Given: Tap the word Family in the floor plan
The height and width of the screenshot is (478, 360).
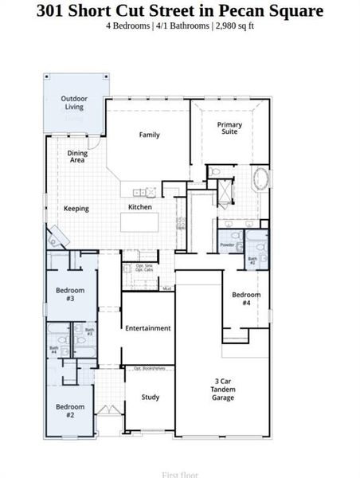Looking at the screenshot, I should click(150, 135).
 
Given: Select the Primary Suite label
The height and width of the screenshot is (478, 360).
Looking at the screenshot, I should click(230, 128).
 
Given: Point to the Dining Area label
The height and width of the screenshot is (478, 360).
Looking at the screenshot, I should click(77, 156).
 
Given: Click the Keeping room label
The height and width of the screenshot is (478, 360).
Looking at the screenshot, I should click(76, 209).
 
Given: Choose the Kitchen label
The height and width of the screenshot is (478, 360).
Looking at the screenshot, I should click(140, 207).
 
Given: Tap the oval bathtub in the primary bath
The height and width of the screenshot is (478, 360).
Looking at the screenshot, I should click(260, 178).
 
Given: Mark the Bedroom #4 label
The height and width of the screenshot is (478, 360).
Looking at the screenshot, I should click(245, 299).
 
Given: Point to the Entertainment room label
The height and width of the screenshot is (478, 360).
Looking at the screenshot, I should click(147, 327).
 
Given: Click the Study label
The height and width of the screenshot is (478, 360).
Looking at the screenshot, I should click(151, 397).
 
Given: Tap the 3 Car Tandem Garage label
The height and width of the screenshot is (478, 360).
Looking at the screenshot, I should click(223, 389).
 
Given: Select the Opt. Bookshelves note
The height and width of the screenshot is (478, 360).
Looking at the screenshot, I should click(149, 368).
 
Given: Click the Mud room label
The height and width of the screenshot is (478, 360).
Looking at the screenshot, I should click(167, 288).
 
